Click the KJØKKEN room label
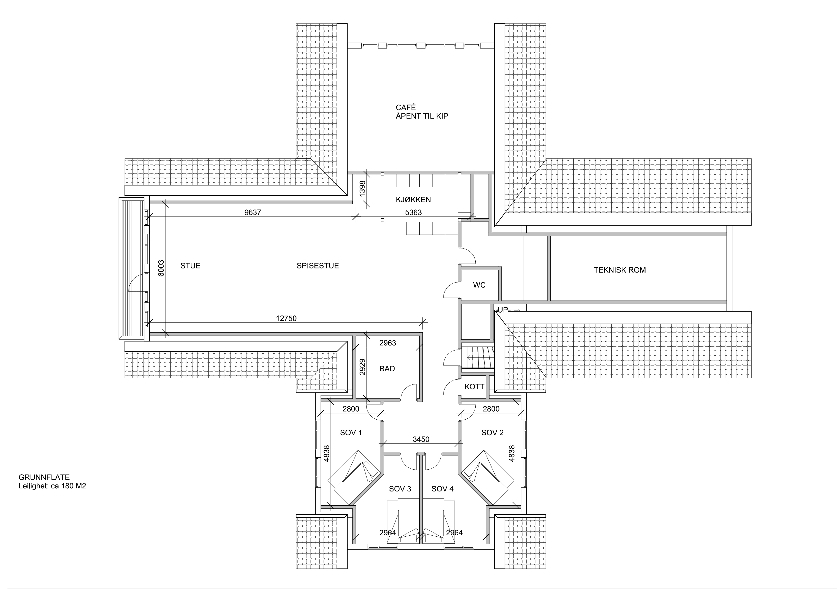coord(413,200)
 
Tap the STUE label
coord(190,266)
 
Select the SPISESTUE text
coord(318,266)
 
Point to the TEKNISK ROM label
coord(620,270)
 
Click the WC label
coord(479,285)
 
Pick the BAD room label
coord(387,369)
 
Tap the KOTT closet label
coord(474,387)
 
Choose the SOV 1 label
coord(351,433)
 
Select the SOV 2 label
coord(492,433)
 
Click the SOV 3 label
coord(400,489)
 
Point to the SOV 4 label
coord(442,489)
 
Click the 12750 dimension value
coord(286,318)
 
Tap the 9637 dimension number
coord(253,213)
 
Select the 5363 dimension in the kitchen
coord(413,213)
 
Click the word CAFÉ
coord(406,108)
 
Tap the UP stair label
coord(503,310)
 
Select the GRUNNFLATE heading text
coord(44,477)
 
